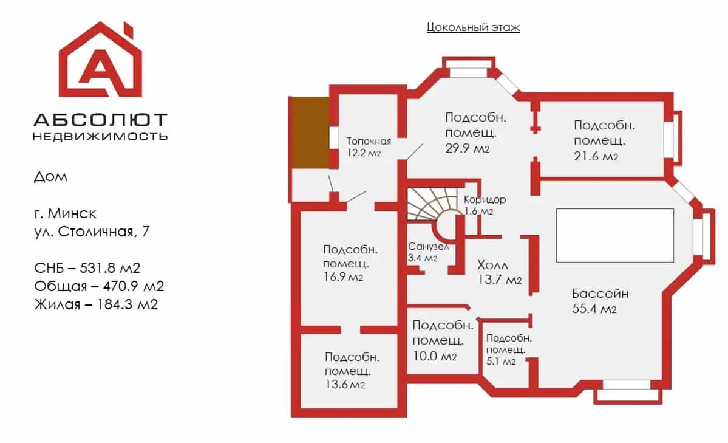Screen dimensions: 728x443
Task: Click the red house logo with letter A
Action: (100, 60)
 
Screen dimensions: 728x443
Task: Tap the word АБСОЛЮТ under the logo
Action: (100, 120)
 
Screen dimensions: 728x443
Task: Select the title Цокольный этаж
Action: (473, 27)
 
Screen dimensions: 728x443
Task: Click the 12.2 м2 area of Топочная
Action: (364, 153)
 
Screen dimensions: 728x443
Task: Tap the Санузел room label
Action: (429, 246)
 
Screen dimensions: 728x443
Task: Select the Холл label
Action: (492, 266)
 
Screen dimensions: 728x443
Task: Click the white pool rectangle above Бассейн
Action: (614, 235)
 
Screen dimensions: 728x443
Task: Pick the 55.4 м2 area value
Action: (594, 309)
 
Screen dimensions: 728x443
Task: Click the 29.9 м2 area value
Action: (467, 148)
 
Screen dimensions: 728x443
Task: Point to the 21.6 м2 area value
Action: (596, 156)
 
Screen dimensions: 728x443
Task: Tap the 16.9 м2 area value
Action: (343, 277)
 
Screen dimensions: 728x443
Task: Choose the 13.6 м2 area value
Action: (345, 385)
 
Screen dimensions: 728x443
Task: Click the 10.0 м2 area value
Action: (435, 356)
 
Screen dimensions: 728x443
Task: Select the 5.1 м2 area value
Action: (501, 361)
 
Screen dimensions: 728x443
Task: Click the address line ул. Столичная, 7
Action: (92, 232)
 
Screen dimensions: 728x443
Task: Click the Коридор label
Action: (485, 199)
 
